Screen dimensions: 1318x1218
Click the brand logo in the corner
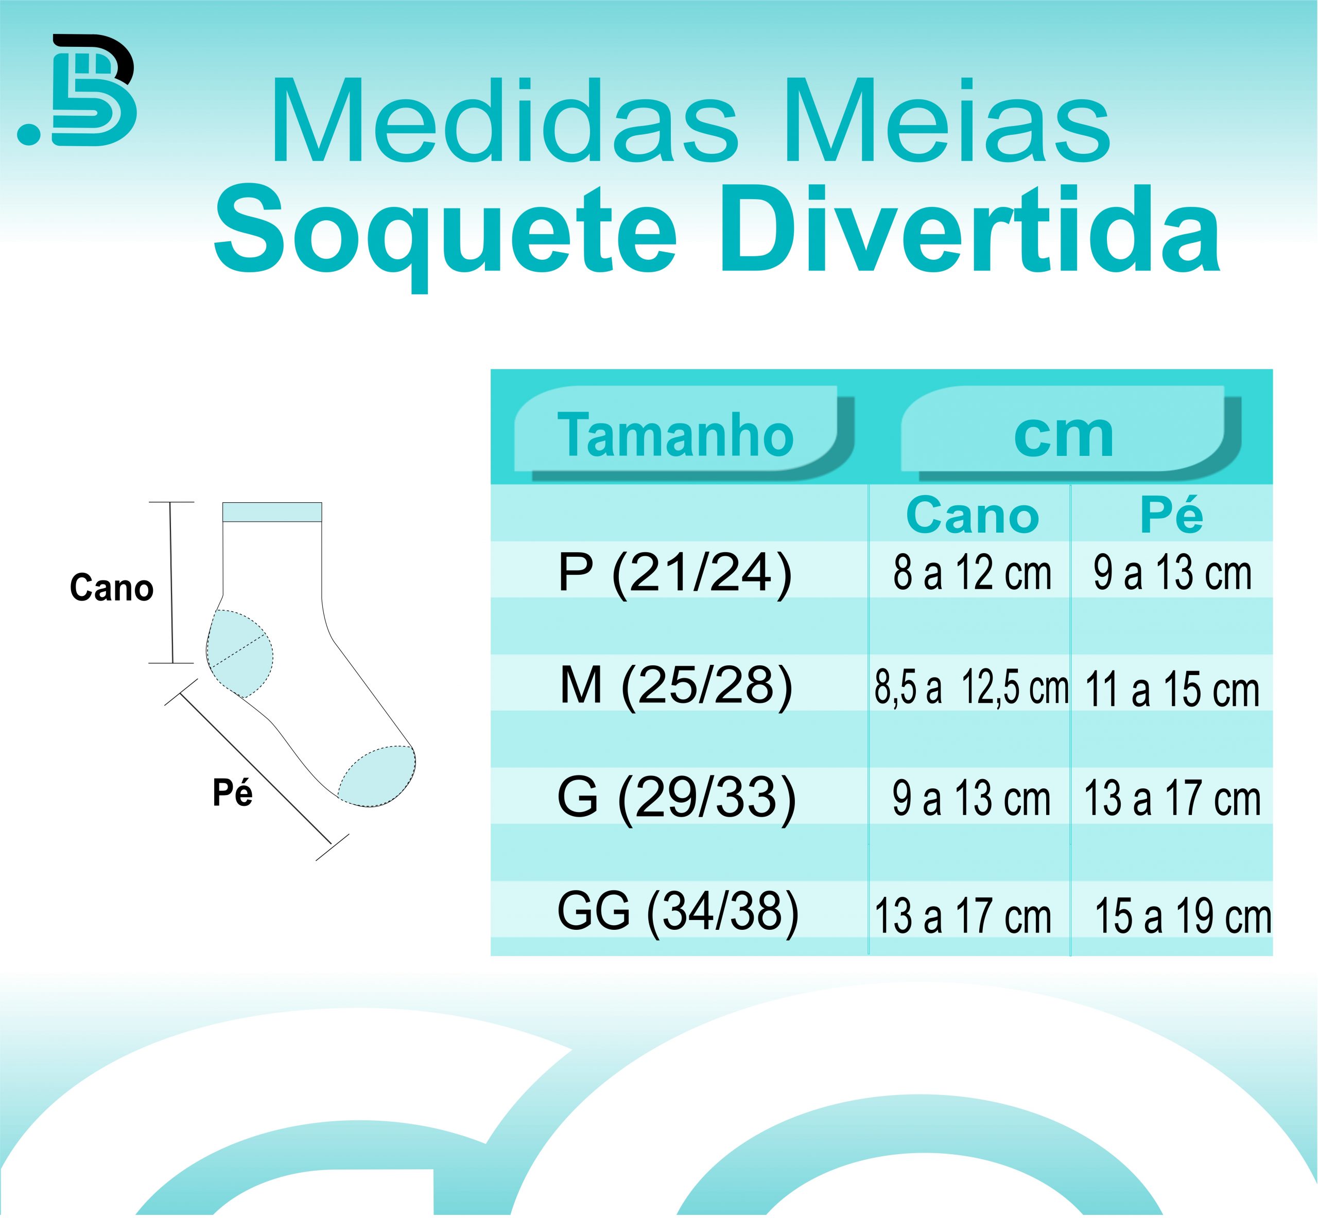click(x=77, y=90)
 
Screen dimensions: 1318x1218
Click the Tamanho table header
click(x=676, y=435)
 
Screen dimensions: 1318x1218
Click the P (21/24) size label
click(x=674, y=573)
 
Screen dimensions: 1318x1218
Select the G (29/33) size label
click(x=677, y=799)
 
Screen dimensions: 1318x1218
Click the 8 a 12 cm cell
click(x=972, y=573)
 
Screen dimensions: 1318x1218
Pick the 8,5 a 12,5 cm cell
click(x=971, y=687)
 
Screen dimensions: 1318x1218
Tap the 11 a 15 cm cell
click(x=1172, y=690)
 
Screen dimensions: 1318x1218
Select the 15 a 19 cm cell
click(x=1183, y=916)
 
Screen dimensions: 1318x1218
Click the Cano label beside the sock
click(x=111, y=588)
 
